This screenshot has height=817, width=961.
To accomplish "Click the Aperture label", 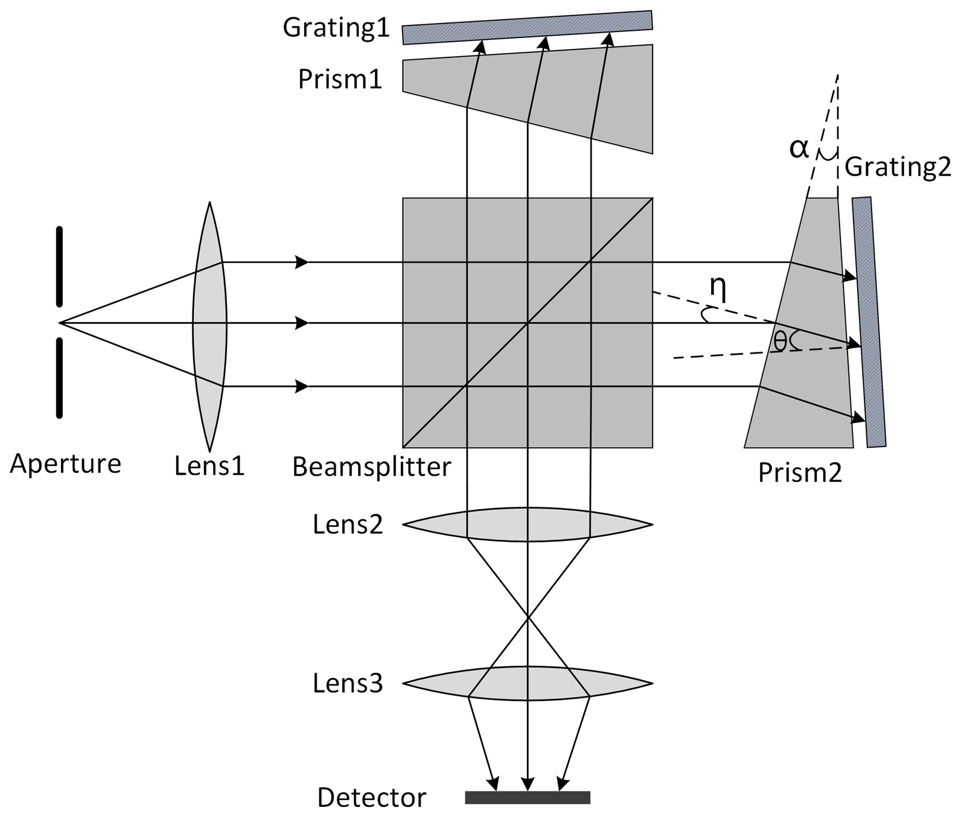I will click(65, 464).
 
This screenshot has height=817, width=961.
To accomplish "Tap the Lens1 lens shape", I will click(209, 326).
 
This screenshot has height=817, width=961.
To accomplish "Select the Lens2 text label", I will click(348, 524).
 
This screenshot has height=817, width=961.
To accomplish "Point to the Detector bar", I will click(527, 798).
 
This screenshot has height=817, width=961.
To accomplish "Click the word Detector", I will click(371, 798).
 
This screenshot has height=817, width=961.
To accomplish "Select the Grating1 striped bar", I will click(527, 27).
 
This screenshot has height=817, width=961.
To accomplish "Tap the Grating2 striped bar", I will click(869, 322).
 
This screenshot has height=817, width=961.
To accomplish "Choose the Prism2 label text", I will click(799, 473).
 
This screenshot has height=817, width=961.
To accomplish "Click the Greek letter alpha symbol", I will click(799, 148).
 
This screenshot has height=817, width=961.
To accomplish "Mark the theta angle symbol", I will click(780, 342).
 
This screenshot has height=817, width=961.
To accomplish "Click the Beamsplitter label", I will click(371, 466).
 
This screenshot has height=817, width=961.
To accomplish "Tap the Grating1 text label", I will click(336, 28).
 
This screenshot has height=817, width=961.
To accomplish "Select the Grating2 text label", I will click(898, 167).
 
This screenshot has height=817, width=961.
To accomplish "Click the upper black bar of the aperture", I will click(59, 266).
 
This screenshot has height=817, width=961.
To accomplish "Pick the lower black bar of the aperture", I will click(59, 378).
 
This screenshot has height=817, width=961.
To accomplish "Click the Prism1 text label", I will click(340, 79).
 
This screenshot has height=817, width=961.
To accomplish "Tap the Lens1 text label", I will click(209, 466).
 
